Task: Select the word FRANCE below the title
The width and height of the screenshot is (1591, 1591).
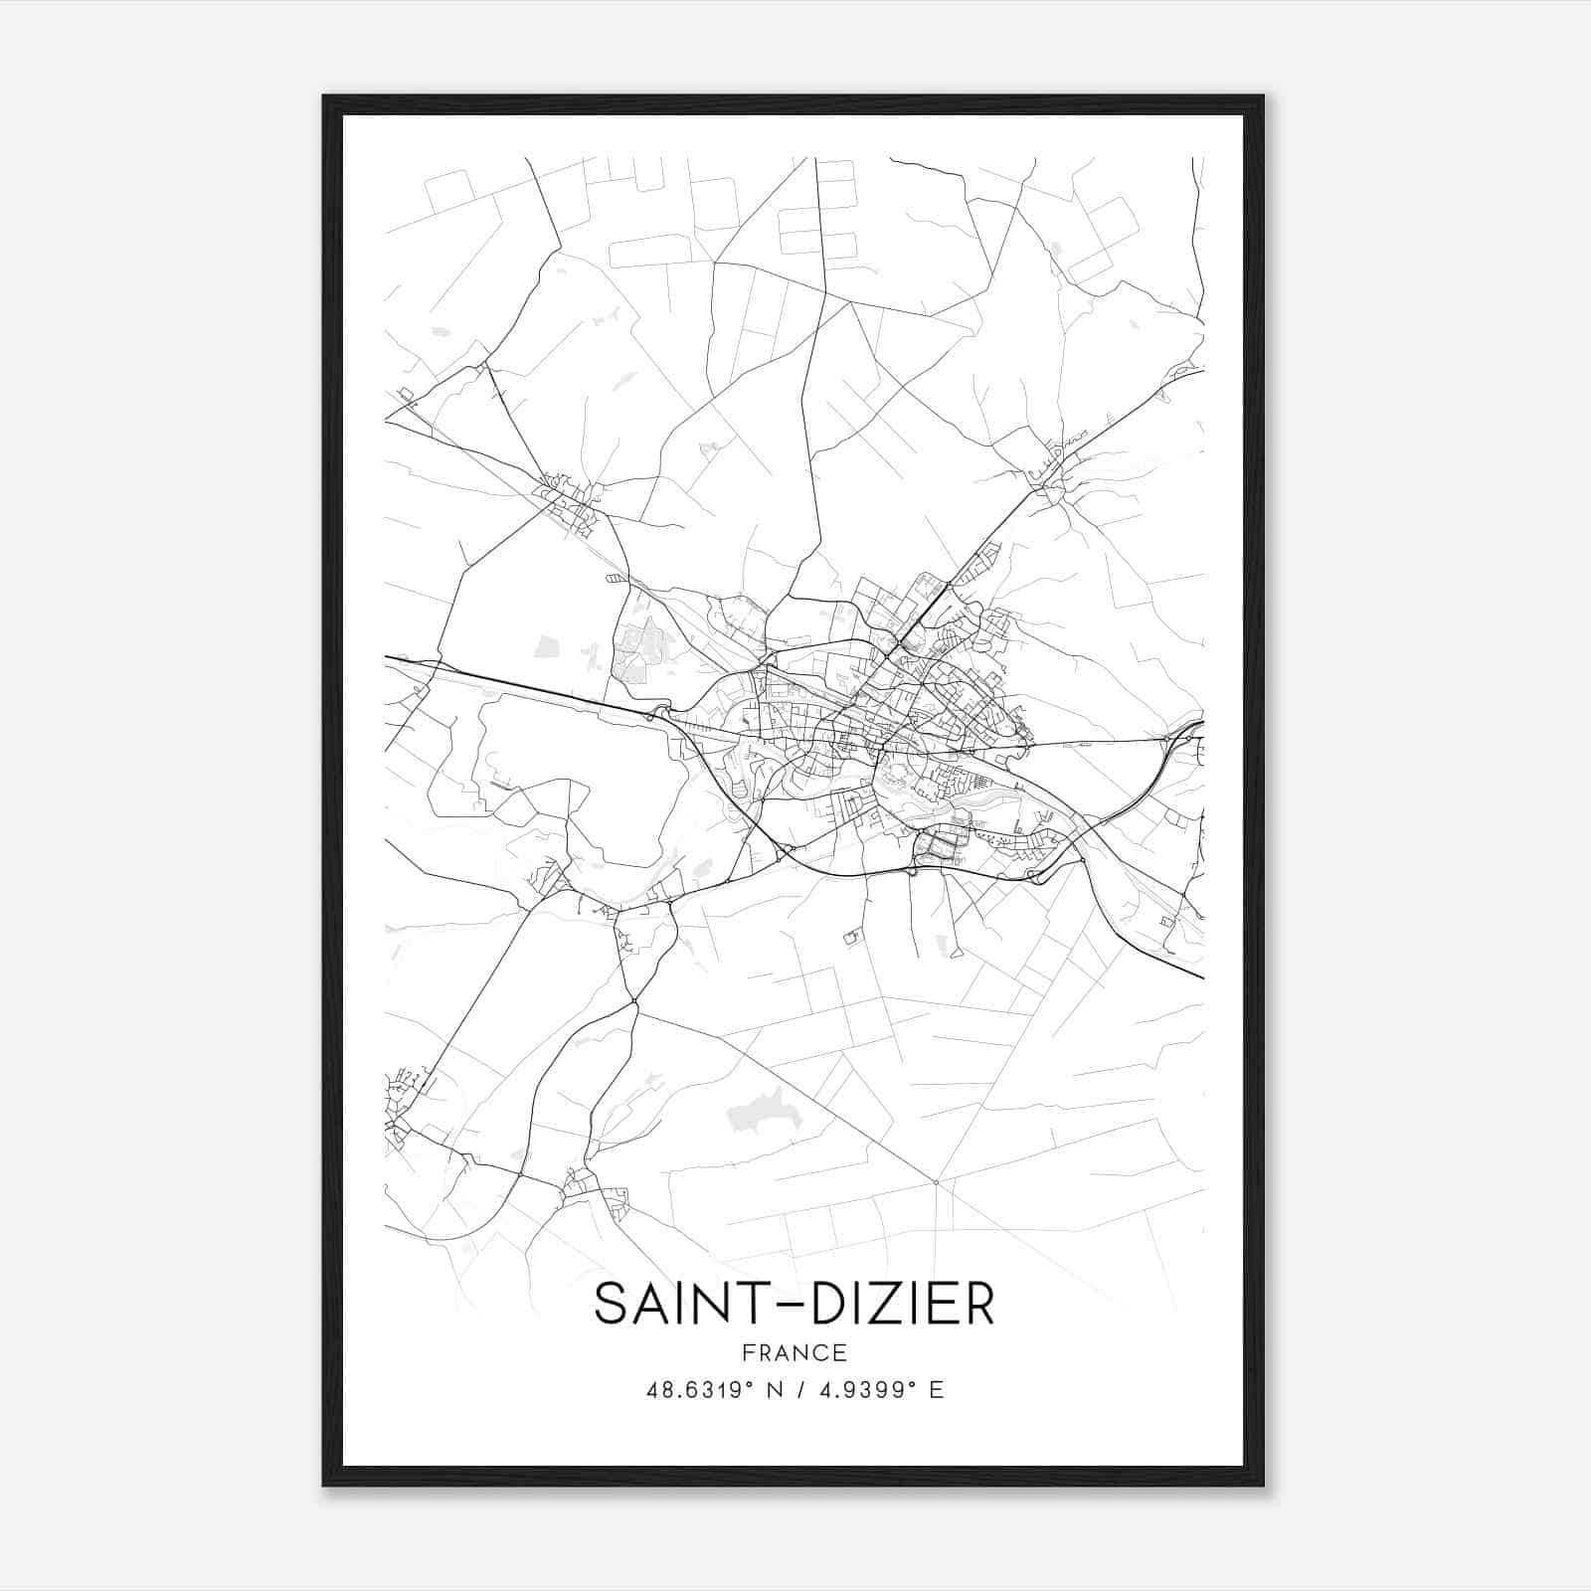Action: point(795,1353)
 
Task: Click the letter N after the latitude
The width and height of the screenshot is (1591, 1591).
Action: point(773,1390)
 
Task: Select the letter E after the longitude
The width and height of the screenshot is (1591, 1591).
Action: point(936,1390)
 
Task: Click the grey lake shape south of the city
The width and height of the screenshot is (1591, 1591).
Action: point(766,1109)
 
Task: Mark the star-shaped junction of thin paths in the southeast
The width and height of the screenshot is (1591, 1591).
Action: point(936,1181)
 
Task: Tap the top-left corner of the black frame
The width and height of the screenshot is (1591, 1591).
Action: point(325,97)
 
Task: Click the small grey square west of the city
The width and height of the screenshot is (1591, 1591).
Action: point(547,647)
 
